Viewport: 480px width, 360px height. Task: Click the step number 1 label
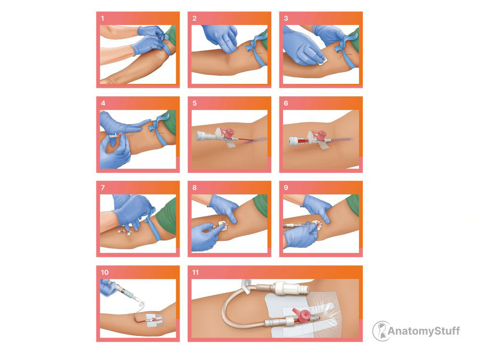tap(103, 18)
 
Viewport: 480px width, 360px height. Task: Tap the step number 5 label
tap(194, 103)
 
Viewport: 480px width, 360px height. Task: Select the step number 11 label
tap(195, 272)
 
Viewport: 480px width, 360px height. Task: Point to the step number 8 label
tap(194, 187)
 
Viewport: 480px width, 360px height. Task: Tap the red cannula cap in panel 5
tap(228, 133)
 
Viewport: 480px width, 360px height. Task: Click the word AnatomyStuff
tap(424, 331)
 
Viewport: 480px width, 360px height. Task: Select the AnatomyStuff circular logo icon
tap(382, 331)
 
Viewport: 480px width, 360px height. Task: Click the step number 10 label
tap(104, 272)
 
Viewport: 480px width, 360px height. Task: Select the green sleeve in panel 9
tap(353, 204)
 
